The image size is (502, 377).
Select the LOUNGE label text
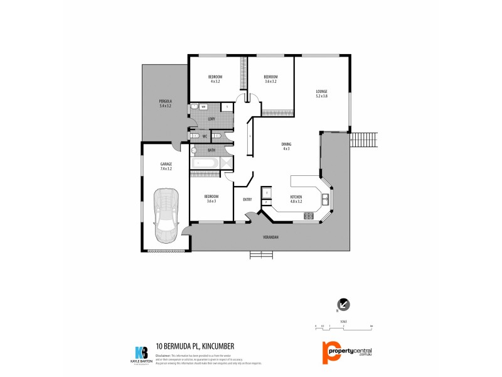point(321,92)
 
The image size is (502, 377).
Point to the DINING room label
point(286,145)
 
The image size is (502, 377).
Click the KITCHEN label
point(296,197)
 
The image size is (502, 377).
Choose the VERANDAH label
point(270,237)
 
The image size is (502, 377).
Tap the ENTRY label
point(247,199)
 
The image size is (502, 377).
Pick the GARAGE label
point(166,165)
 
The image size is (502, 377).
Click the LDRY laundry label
point(211,119)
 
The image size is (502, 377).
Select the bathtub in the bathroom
point(205,163)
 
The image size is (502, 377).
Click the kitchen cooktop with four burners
point(309,216)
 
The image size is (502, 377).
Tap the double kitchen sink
point(326,200)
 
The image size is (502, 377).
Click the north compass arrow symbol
point(344,305)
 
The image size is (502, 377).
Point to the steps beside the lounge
point(365,139)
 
